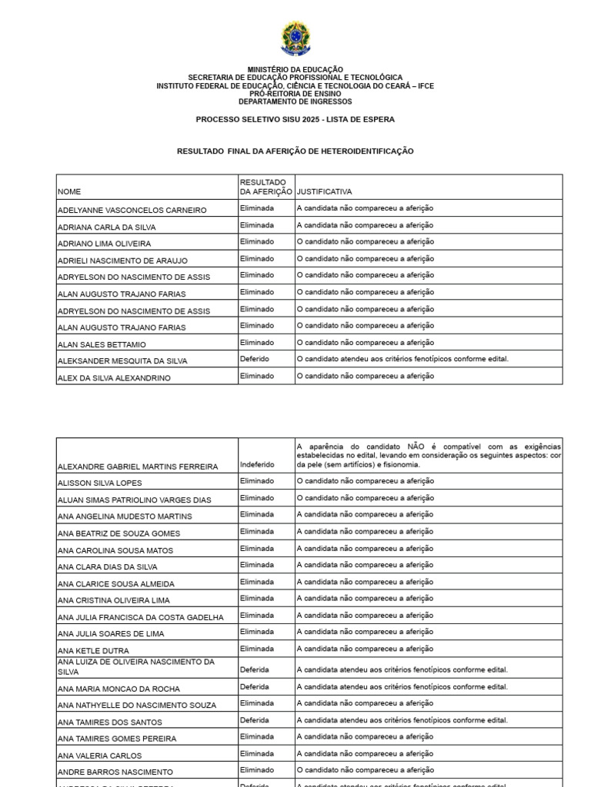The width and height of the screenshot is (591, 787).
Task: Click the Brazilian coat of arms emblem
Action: click(295, 38)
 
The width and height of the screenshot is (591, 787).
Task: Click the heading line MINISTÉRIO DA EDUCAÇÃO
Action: click(295, 70)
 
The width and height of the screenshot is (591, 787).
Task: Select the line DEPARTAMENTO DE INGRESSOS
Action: click(295, 101)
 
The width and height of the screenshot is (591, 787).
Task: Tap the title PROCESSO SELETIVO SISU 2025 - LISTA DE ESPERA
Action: click(295, 120)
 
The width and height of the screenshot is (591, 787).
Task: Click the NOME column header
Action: click(69, 191)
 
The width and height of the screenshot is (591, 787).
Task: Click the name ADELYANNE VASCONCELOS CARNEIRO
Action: click(132, 210)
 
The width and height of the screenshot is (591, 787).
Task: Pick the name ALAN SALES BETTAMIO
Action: click(102, 344)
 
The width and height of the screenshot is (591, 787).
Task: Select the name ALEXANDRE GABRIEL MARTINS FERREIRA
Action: click(138, 467)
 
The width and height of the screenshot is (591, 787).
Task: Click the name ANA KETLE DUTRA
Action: click(94, 650)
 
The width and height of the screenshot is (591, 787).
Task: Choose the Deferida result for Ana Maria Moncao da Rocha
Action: click(255, 686)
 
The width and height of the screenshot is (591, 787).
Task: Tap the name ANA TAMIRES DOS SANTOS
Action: click(109, 722)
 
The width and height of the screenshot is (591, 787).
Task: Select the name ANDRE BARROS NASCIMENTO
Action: click(115, 772)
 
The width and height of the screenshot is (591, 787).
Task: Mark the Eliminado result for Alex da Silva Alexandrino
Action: click(257, 376)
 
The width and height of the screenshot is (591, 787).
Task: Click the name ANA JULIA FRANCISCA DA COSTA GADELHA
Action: click(141, 617)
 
